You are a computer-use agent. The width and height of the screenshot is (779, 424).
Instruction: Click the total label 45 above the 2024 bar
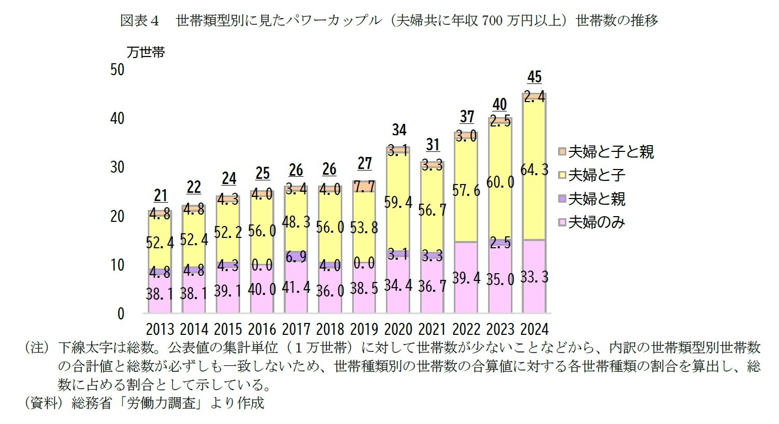click(534, 77)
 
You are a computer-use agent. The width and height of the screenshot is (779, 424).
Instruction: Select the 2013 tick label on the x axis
click(160, 329)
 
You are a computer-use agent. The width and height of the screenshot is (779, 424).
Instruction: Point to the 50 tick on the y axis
click(118, 69)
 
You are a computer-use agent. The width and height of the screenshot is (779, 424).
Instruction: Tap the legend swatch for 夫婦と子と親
click(562, 152)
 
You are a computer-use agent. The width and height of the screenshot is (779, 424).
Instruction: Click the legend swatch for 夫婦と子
click(562, 175)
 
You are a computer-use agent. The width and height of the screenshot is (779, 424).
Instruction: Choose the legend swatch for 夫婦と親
click(562, 199)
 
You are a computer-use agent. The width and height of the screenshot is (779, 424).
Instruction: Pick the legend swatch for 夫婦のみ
click(562, 222)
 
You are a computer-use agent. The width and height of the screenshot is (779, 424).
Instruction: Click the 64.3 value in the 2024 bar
click(534, 169)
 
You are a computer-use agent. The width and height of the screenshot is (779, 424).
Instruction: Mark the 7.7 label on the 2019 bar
click(365, 187)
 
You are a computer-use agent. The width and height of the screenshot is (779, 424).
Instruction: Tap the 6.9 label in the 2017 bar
click(296, 257)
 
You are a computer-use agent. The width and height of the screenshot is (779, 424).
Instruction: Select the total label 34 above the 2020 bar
click(399, 130)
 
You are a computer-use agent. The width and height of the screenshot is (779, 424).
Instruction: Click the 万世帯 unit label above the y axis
click(146, 52)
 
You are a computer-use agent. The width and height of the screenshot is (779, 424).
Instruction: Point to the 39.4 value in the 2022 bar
click(466, 278)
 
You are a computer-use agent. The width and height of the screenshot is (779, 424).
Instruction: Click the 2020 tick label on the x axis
click(398, 329)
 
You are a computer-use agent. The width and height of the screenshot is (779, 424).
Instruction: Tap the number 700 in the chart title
click(492, 21)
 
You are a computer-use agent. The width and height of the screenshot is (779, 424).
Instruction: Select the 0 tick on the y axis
click(121, 314)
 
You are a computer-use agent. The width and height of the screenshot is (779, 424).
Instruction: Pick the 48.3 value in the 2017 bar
click(296, 222)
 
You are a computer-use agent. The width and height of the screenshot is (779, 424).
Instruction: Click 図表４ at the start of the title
click(139, 21)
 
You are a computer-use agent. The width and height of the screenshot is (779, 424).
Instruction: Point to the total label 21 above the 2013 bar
click(160, 195)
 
